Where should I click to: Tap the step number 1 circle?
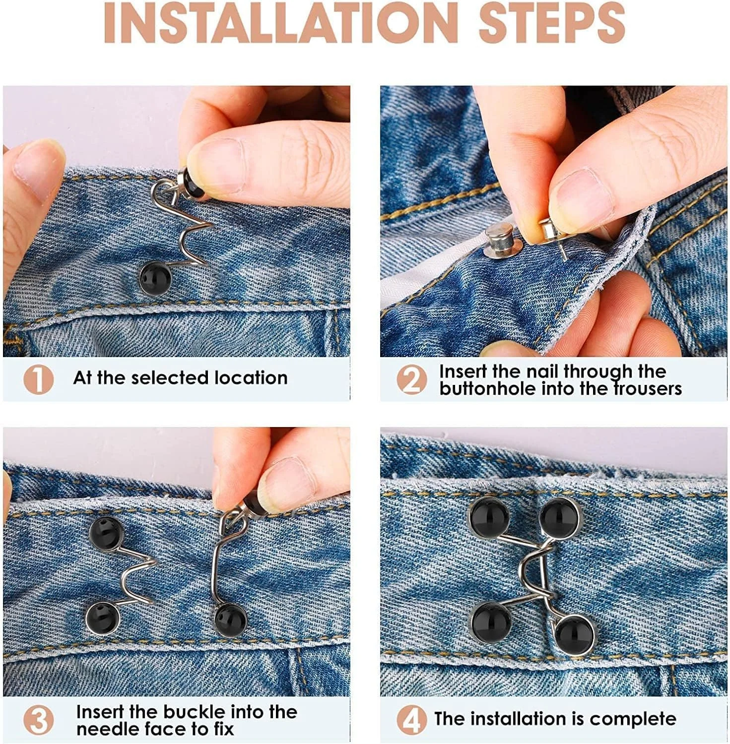tap(38, 379)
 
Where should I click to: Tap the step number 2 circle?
tap(411, 379)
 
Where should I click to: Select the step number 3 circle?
tap(38, 720)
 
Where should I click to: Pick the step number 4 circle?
tap(411, 720)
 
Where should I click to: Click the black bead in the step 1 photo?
tap(154, 279)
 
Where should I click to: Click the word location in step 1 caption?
tap(251, 378)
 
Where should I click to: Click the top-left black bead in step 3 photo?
tap(106, 533)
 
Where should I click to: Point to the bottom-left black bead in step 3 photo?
tap(103, 617)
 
